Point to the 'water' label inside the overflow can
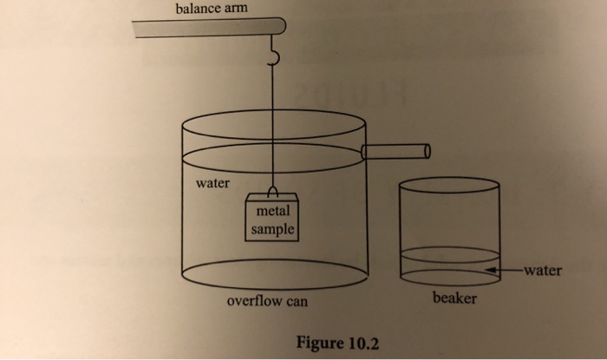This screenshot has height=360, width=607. [212, 183]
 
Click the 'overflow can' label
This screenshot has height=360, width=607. [266, 302]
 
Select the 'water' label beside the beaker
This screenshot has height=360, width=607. [542, 270]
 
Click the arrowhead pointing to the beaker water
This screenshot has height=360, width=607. [491, 271]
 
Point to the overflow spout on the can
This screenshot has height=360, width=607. [395, 152]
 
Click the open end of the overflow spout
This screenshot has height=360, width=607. [426, 152]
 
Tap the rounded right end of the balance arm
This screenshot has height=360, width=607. [277, 27]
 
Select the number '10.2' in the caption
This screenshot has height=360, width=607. [362, 341]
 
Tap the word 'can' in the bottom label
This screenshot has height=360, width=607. [295, 302]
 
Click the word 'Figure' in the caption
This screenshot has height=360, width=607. [320, 341]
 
